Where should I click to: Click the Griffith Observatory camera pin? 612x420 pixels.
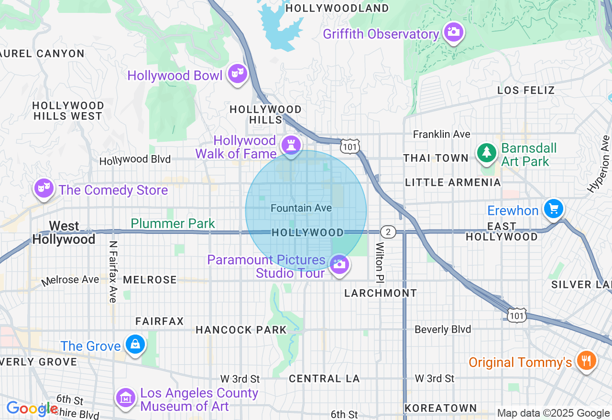[x=453, y=32]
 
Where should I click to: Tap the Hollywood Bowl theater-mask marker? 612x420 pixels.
[x=237, y=73]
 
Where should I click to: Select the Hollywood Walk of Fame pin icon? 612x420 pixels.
[x=291, y=145]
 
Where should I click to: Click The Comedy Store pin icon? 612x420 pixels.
[x=44, y=188]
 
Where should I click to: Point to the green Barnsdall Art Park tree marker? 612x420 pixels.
[x=487, y=153]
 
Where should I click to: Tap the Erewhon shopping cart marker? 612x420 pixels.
[x=554, y=209]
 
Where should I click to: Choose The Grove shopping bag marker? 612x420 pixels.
[x=135, y=344]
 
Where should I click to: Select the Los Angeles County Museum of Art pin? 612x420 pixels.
[x=126, y=397]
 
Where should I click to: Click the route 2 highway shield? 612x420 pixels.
[x=388, y=232]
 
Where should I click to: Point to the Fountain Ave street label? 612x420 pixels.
[x=301, y=208]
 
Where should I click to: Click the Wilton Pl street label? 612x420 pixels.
[x=380, y=261]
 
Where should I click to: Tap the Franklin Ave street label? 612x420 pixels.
[x=441, y=134]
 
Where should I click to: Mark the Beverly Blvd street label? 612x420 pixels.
[x=443, y=329]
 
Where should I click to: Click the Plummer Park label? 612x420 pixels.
[x=173, y=223]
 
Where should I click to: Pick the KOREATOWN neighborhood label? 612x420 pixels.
[x=440, y=408]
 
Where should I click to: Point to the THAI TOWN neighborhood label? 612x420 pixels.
[x=436, y=158]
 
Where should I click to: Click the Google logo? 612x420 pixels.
[x=32, y=409]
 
